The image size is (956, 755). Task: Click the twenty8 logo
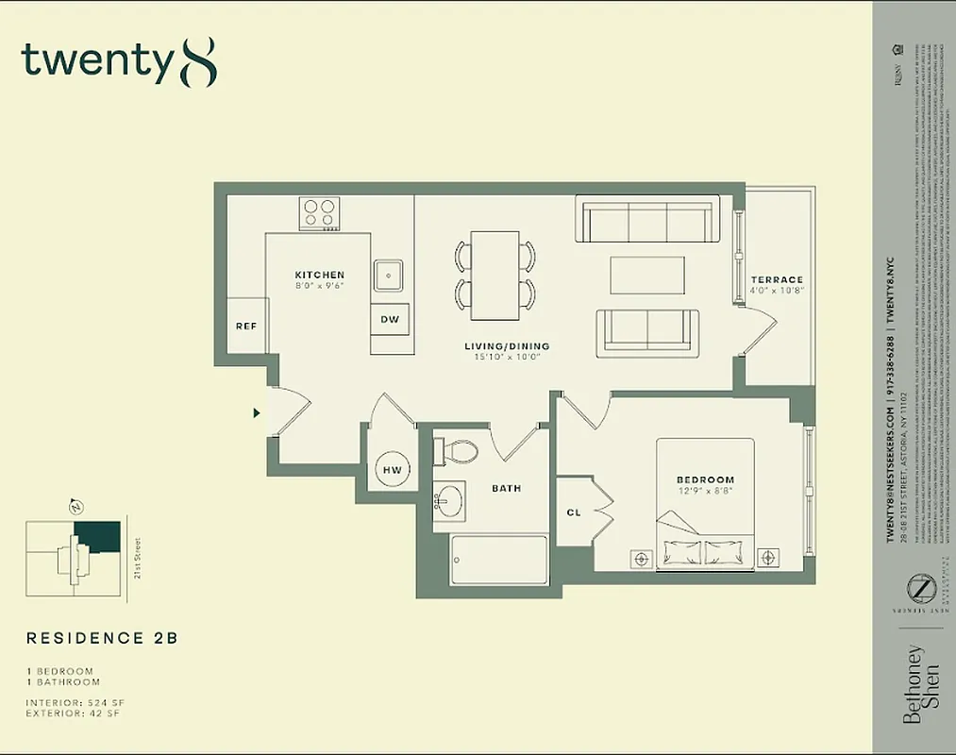pos(119,61)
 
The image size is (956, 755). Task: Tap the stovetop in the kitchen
pos(320,213)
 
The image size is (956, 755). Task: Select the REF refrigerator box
pos(246,327)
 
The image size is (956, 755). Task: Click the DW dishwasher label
pos(390,319)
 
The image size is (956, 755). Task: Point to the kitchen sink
pos(389,276)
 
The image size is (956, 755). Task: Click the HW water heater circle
pos(392,469)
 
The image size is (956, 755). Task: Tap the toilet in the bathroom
pos(457,451)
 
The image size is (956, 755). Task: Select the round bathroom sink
pos(449,499)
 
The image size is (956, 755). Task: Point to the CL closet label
pos(574,512)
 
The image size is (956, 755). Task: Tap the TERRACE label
pos(777,280)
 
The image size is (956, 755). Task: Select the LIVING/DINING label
pos(506,346)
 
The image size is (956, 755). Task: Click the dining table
pos(495,275)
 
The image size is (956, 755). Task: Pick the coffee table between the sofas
pos(646,276)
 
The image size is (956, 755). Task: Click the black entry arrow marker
pos(256,412)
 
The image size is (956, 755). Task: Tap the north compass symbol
pos(76,507)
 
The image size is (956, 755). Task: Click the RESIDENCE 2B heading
pos(102,638)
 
